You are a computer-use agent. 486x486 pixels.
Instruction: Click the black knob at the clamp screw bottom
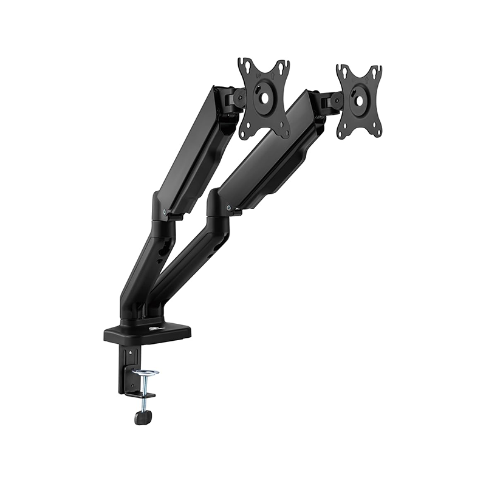[x=142, y=418]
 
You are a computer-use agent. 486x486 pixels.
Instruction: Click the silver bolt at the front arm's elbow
[x=229, y=210]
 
